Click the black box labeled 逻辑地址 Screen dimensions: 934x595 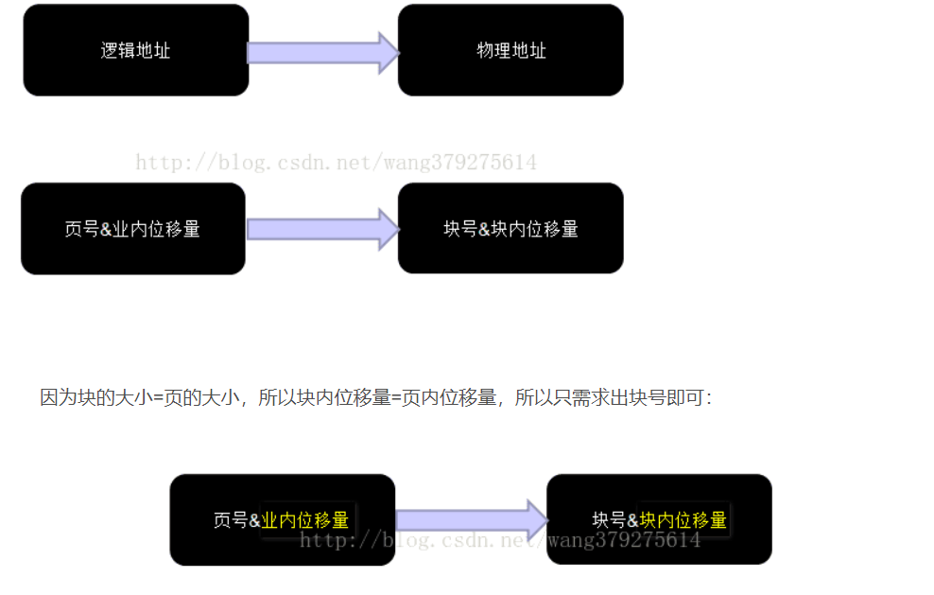point(135,50)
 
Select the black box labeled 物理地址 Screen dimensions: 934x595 point(510,50)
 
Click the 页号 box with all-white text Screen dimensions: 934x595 point(132,229)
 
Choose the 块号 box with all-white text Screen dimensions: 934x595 point(510,229)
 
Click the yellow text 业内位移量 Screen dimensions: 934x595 point(305,520)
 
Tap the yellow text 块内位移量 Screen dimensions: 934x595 point(683,520)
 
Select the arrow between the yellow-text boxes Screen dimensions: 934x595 point(471,520)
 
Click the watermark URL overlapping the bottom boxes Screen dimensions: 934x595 point(500,541)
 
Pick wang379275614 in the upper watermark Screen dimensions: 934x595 point(460,163)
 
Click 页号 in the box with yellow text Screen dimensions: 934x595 point(230,520)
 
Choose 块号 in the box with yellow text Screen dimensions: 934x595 point(608,520)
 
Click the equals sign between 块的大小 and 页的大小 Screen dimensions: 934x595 point(157,397)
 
